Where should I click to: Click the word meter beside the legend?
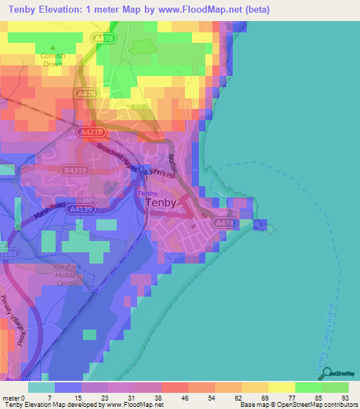coord(11,397)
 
